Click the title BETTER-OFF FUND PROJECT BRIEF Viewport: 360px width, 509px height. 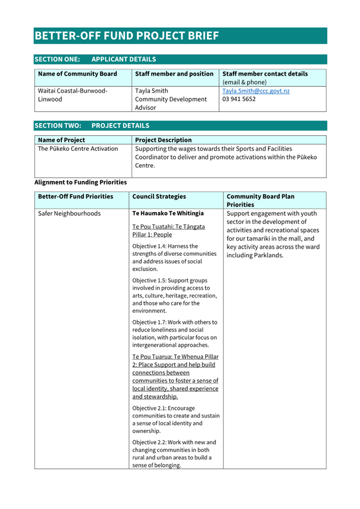[x=127, y=36]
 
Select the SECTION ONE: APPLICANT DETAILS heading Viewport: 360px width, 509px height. [x=95, y=59]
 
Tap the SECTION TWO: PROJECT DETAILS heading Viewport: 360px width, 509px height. [x=92, y=126]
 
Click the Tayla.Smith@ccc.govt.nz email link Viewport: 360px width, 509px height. [x=256, y=91]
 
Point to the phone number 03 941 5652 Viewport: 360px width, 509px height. [x=239, y=99]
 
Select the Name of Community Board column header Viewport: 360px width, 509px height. [x=78, y=74]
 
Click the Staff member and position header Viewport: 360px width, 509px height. [x=174, y=74]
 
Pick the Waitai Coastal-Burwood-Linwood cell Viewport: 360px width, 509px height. [x=73, y=95]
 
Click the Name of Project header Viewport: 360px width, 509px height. [x=62, y=140]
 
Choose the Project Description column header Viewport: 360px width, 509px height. [x=163, y=140]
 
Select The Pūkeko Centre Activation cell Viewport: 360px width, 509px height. [x=78, y=149]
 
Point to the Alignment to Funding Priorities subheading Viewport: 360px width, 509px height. [x=81, y=182]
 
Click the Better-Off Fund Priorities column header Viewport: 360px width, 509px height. [x=76, y=197]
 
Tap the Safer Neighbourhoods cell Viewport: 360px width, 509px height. [x=69, y=214]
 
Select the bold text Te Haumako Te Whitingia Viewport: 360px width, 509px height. [x=168, y=213]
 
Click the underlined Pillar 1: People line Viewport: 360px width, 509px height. [x=152, y=235]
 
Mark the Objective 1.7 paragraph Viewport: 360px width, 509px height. [x=174, y=333]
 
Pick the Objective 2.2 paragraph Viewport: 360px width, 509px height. [x=174, y=454]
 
